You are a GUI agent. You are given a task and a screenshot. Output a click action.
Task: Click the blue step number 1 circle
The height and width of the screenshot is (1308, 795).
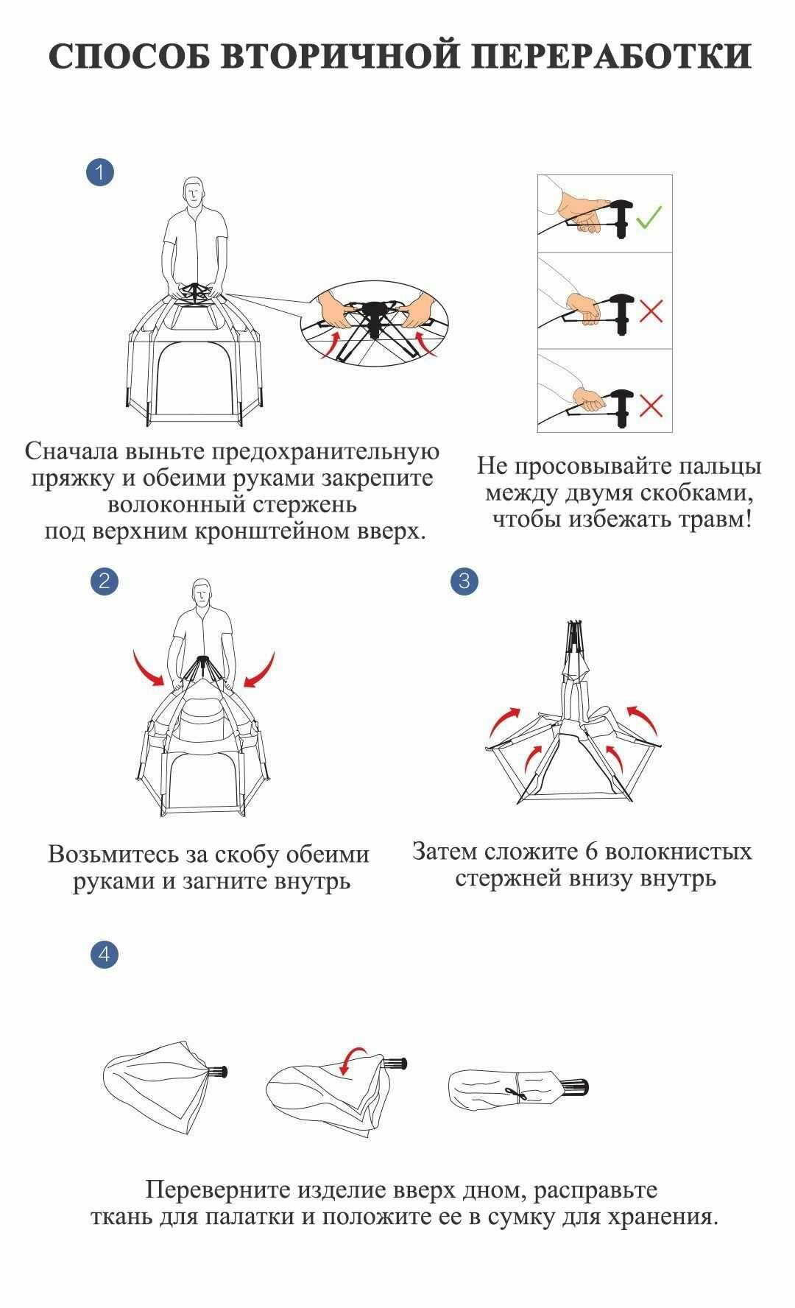pyautogui.click(x=100, y=173)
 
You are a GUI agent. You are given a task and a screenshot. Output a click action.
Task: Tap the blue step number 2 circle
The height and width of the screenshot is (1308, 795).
pyautogui.click(x=104, y=581)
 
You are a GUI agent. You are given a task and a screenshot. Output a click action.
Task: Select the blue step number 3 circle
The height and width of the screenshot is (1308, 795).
pyautogui.click(x=464, y=581)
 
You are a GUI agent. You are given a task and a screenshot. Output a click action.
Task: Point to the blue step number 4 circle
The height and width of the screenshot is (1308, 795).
pyautogui.click(x=104, y=954)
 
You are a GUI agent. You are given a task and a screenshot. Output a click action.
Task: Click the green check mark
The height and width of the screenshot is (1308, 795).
pyautogui.click(x=649, y=216)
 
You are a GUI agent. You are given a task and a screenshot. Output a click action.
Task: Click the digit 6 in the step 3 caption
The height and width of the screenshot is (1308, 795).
pyautogui.click(x=590, y=852)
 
